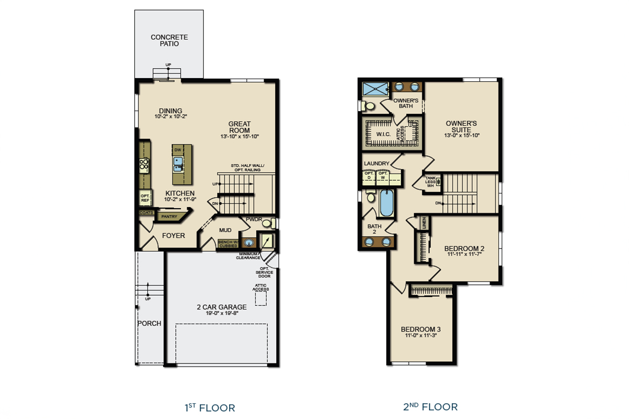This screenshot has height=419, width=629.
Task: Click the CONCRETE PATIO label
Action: click(x=169, y=40)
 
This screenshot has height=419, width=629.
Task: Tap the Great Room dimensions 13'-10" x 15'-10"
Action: click(x=239, y=136)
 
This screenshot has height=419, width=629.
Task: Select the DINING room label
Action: click(x=171, y=111)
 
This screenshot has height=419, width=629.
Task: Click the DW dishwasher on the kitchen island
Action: click(x=178, y=150)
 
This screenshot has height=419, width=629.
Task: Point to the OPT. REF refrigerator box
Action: click(x=145, y=198)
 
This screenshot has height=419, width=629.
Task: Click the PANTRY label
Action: click(x=168, y=216)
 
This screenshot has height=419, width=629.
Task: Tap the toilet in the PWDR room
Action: click(x=267, y=224)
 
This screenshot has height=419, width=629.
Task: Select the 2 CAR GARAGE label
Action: click(x=221, y=307)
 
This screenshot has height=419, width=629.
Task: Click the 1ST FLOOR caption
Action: click(x=210, y=407)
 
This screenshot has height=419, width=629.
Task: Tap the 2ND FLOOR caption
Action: click(x=430, y=407)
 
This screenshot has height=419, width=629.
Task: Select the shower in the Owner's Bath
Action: click(x=375, y=88)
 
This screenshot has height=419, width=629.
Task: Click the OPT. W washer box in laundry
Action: click(x=383, y=176)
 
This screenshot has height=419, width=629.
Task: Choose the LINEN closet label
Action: click(x=425, y=223)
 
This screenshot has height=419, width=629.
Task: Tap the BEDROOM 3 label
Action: click(x=420, y=329)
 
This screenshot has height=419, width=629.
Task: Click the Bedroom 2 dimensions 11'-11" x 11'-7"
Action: click(x=464, y=254)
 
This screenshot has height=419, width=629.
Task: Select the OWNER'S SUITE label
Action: click(x=461, y=126)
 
